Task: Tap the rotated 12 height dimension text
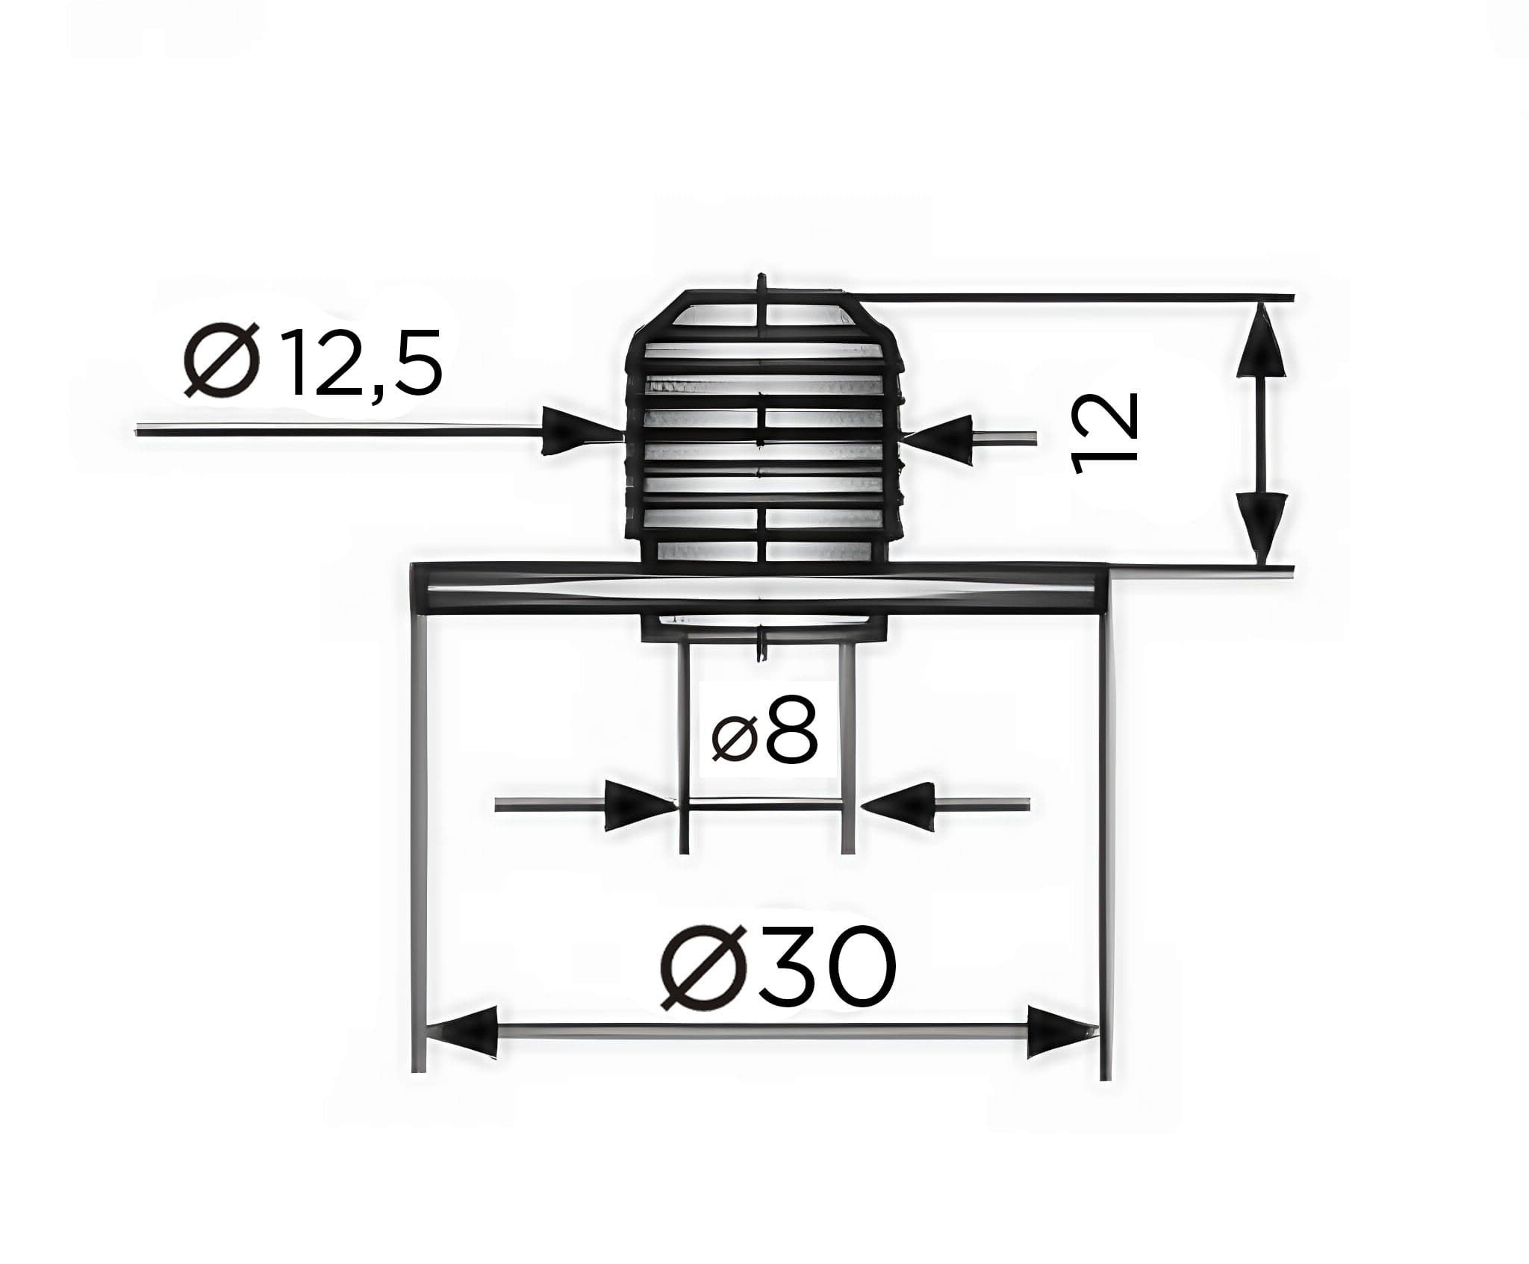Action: click(x=1103, y=433)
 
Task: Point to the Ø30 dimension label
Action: click(x=778, y=968)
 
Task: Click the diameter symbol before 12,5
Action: click(x=223, y=361)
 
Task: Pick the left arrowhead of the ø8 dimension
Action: click(x=635, y=806)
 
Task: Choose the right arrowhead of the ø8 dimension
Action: click(x=902, y=806)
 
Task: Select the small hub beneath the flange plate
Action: click(x=764, y=627)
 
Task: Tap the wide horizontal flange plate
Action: click(x=760, y=589)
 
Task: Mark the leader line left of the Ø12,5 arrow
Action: click(x=336, y=431)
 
